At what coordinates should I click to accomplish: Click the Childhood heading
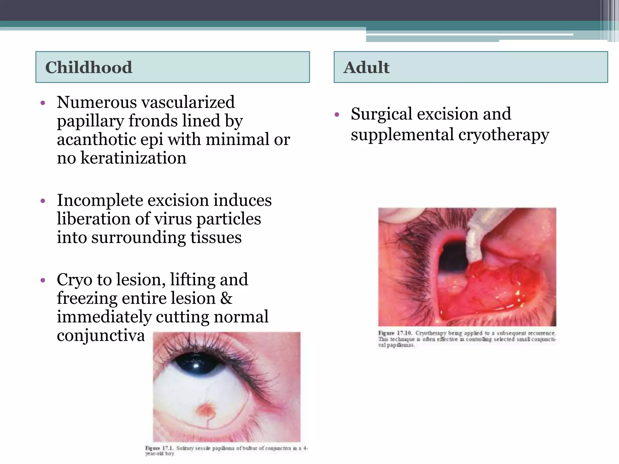tap(89, 67)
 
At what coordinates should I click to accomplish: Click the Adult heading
tap(366, 67)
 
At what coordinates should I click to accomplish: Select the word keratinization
tap(133, 158)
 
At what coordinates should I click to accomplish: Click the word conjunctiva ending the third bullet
tap(101, 336)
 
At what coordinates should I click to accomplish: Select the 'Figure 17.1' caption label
tap(159, 448)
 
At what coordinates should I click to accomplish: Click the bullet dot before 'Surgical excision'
tap(337, 115)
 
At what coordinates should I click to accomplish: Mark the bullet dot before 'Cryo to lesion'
tap(43, 280)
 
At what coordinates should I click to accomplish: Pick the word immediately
tap(104, 317)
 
